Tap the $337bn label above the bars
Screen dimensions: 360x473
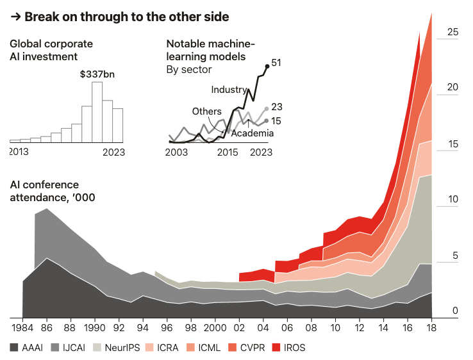[98, 74]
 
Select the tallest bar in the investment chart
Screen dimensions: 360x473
[97, 112]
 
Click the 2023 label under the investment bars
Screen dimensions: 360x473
[113, 152]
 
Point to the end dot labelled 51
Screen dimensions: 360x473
[267, 66]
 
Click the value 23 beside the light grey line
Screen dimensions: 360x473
[277, 107]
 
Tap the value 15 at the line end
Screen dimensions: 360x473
[277, 120]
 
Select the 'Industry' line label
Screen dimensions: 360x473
[229, 90]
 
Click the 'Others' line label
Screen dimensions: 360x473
[206, 111]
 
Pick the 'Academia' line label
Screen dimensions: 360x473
[252, 133]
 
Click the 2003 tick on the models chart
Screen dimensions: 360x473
[176, 152]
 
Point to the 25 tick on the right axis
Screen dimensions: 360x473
[452, 32]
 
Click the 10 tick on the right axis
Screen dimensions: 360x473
[452, 200]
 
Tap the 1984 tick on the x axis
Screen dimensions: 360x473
[22, 328]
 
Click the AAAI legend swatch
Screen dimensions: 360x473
[14, 348]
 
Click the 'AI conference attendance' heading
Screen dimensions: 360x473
[53, 191]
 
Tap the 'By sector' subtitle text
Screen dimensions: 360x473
[190, 69]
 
